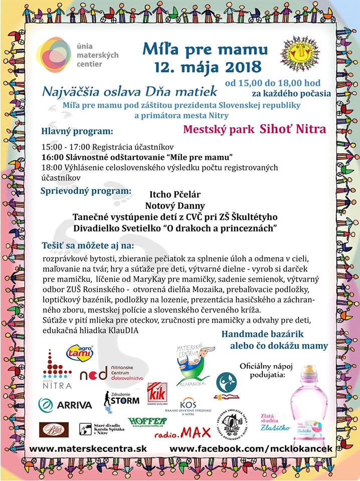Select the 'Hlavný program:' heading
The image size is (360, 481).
click(x=77, y=132)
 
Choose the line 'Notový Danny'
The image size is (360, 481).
click(x=175, y=205)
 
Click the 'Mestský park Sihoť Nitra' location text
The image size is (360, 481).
click(x=254, y=129)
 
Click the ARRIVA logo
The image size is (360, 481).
click(x=65, y=405)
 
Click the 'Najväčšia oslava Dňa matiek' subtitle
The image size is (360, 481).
click(x=130, y=91)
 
